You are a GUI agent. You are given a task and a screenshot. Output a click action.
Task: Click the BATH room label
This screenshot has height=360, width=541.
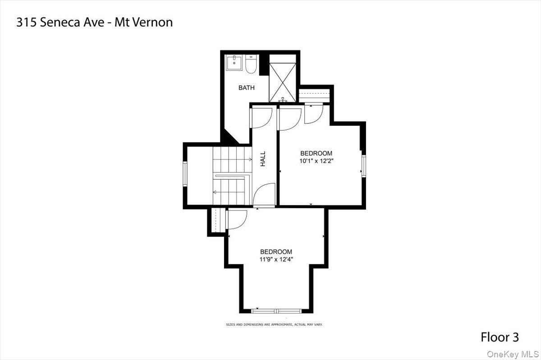(246, 88)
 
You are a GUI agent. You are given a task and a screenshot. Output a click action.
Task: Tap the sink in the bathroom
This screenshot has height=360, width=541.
(234, 63)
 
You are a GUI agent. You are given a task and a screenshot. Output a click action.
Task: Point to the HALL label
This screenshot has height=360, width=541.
(263, 159)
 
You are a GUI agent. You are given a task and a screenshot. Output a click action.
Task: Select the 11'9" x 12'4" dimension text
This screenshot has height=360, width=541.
(276, 259)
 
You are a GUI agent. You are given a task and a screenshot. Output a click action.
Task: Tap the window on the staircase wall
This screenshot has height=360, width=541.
(184, 173)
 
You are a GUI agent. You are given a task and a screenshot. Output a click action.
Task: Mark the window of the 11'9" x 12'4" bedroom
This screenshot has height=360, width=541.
(276, 310)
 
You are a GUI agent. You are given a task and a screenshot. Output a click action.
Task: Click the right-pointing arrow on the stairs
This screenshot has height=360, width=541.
(250, 159)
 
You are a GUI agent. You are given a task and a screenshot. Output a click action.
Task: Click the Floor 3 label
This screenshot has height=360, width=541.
(500, 337)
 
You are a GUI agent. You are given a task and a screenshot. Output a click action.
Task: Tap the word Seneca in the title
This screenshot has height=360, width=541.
(60, 23)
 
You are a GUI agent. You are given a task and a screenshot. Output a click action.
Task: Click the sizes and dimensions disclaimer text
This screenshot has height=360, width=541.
(274, 324)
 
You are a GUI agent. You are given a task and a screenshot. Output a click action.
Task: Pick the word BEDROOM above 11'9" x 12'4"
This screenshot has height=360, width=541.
(276, 251)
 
